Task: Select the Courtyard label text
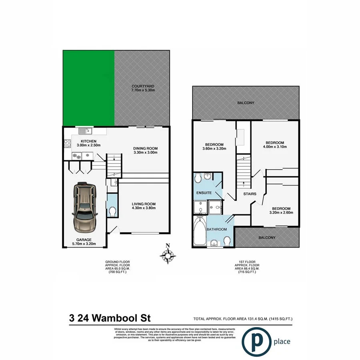tap(143, 86)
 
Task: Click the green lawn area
tap(88, 88)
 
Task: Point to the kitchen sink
tap(84, 130)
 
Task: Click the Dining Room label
tap(145, 148)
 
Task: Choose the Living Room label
tap(144, 204)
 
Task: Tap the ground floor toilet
tap(112, 211)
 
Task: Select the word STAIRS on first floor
tap(250, 194)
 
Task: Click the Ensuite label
tap(203, 193)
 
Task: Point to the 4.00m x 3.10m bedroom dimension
tap(275, 147)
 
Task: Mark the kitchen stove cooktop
tap(66, 143)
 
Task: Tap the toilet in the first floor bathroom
tap(227, 240)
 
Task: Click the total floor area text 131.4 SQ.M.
tap(243, 319)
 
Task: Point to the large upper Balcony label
tap(246, 103)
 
